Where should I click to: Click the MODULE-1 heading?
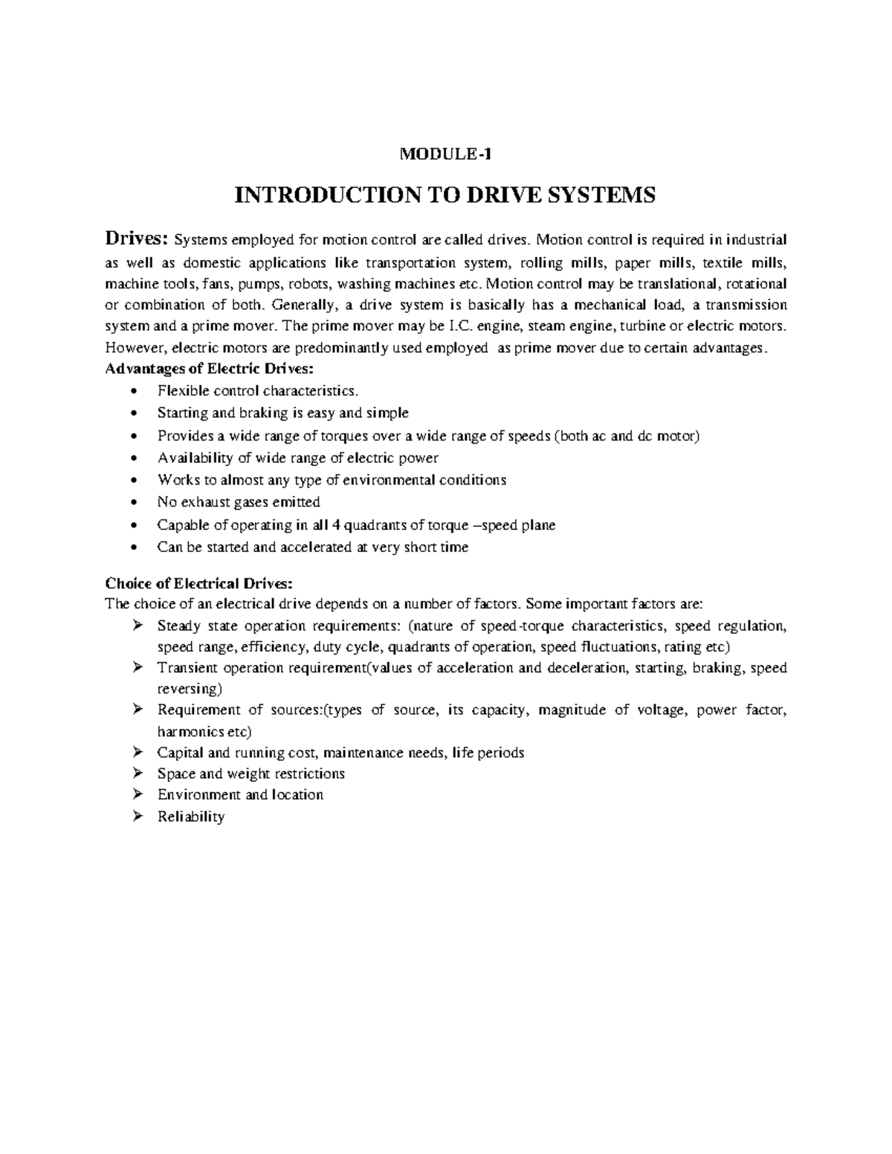tap(445, 155)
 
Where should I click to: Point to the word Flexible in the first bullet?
tap(178, 391)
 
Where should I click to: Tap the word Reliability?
tap(191, 817)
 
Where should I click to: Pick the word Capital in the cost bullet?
tap(178, 753)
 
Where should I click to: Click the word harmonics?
tap(190, 730)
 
